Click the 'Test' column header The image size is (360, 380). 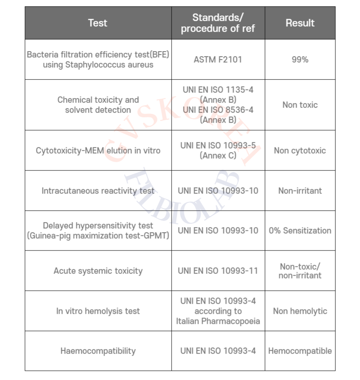pos(98,23)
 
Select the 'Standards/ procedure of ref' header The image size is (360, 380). pos(218,23)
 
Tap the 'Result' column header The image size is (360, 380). pos(300,23)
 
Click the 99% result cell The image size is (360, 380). pos(300,59)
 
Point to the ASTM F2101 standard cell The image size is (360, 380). pos(218,59)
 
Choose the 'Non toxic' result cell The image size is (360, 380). pos(300,105)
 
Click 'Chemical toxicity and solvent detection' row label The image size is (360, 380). pos(98,105)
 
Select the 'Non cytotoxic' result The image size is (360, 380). pos(300,150)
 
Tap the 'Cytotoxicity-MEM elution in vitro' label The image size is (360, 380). pos(98,150)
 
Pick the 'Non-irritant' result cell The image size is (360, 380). pos(300,191)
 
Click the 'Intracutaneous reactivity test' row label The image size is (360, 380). pos(98,191)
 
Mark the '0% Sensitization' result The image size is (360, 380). pos(300,230)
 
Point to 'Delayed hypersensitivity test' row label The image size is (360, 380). pos(98,226)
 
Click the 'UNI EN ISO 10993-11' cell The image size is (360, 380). pos(218,271)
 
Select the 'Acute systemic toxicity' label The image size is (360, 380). pos(98,271)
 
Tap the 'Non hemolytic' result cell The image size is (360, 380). pos(300,311)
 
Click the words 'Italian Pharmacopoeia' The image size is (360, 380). pos(218,321)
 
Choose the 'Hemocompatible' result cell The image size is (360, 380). pos(300,351)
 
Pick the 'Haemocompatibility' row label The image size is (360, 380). pos(98,351)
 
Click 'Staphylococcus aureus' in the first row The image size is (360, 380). pos(98,65)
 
